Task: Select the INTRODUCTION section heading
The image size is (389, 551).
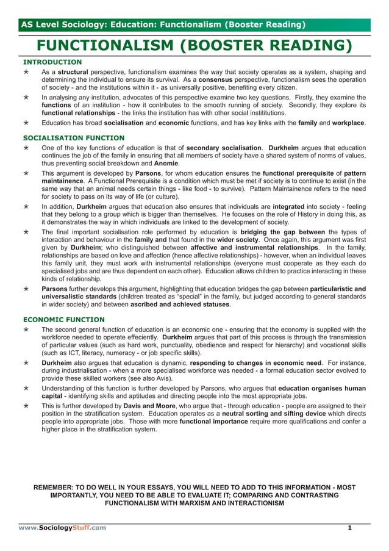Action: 52,62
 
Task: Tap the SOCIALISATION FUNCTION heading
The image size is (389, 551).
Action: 73,138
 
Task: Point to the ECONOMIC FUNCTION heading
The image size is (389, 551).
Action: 63,319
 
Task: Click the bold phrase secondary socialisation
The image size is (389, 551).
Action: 224,148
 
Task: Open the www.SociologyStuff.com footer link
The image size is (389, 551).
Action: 62,527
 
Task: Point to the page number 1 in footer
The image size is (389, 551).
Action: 350,527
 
